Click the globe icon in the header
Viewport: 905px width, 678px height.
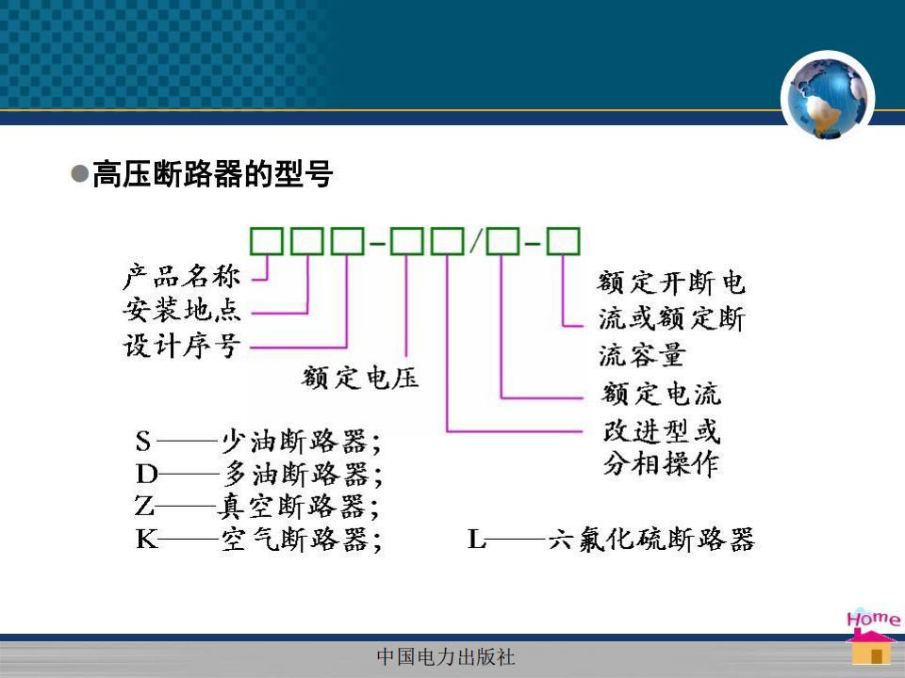click(x=827, y=97)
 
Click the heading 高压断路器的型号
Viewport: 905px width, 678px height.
click(x=212, y=173)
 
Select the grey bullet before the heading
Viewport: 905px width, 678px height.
click(x=79, y=173)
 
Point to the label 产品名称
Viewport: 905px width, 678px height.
click(x=182, y=277)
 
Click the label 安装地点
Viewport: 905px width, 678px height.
click(x=182, y=310)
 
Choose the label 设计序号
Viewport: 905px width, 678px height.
click(x=182, y=345)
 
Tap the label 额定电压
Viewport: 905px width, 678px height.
click(x=360, y=379)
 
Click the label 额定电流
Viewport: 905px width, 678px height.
click(x=661, y=394)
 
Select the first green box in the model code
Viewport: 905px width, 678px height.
click(x=266, y=241)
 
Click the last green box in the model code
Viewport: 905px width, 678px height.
click(x=564, y=241)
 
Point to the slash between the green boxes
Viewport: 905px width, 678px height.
click(x=475, y=241)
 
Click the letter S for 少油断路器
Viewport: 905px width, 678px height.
click(x=143, y=442)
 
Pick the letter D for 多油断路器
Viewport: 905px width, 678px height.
click(x=147, y=475)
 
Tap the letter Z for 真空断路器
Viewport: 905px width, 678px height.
click(x=144, y=507)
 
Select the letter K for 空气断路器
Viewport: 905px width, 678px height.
click(x=147, y=540)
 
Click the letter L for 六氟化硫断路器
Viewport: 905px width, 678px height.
click(x=477, y=540)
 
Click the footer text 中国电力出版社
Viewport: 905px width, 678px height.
click(x=446, y=656)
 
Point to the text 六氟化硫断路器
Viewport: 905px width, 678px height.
click(x=651, y=540)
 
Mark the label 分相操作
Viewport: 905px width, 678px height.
click(x=661, y=463)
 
